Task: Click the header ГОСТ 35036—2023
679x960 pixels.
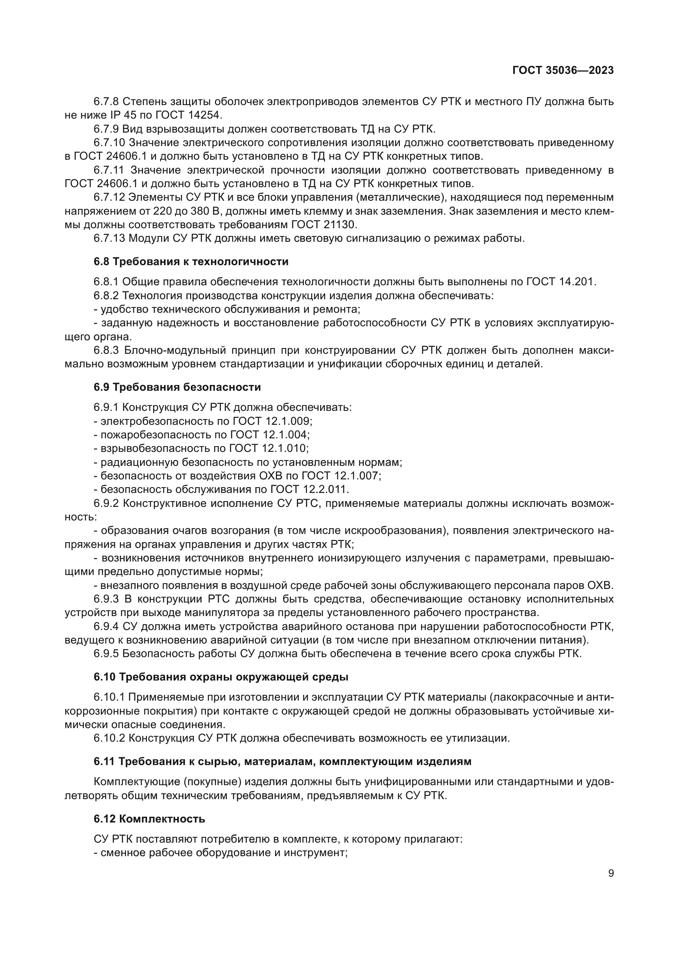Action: pos(563,70)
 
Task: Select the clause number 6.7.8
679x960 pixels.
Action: pos(106,102)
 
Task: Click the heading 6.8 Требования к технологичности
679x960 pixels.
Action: pos(191,262)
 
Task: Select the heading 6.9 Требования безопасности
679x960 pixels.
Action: pos(177,387)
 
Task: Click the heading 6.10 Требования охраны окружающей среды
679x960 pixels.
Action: pos(221,677)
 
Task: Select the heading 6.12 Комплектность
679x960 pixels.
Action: pos(149,819)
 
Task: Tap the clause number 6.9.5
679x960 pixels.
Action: pos(106,653)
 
